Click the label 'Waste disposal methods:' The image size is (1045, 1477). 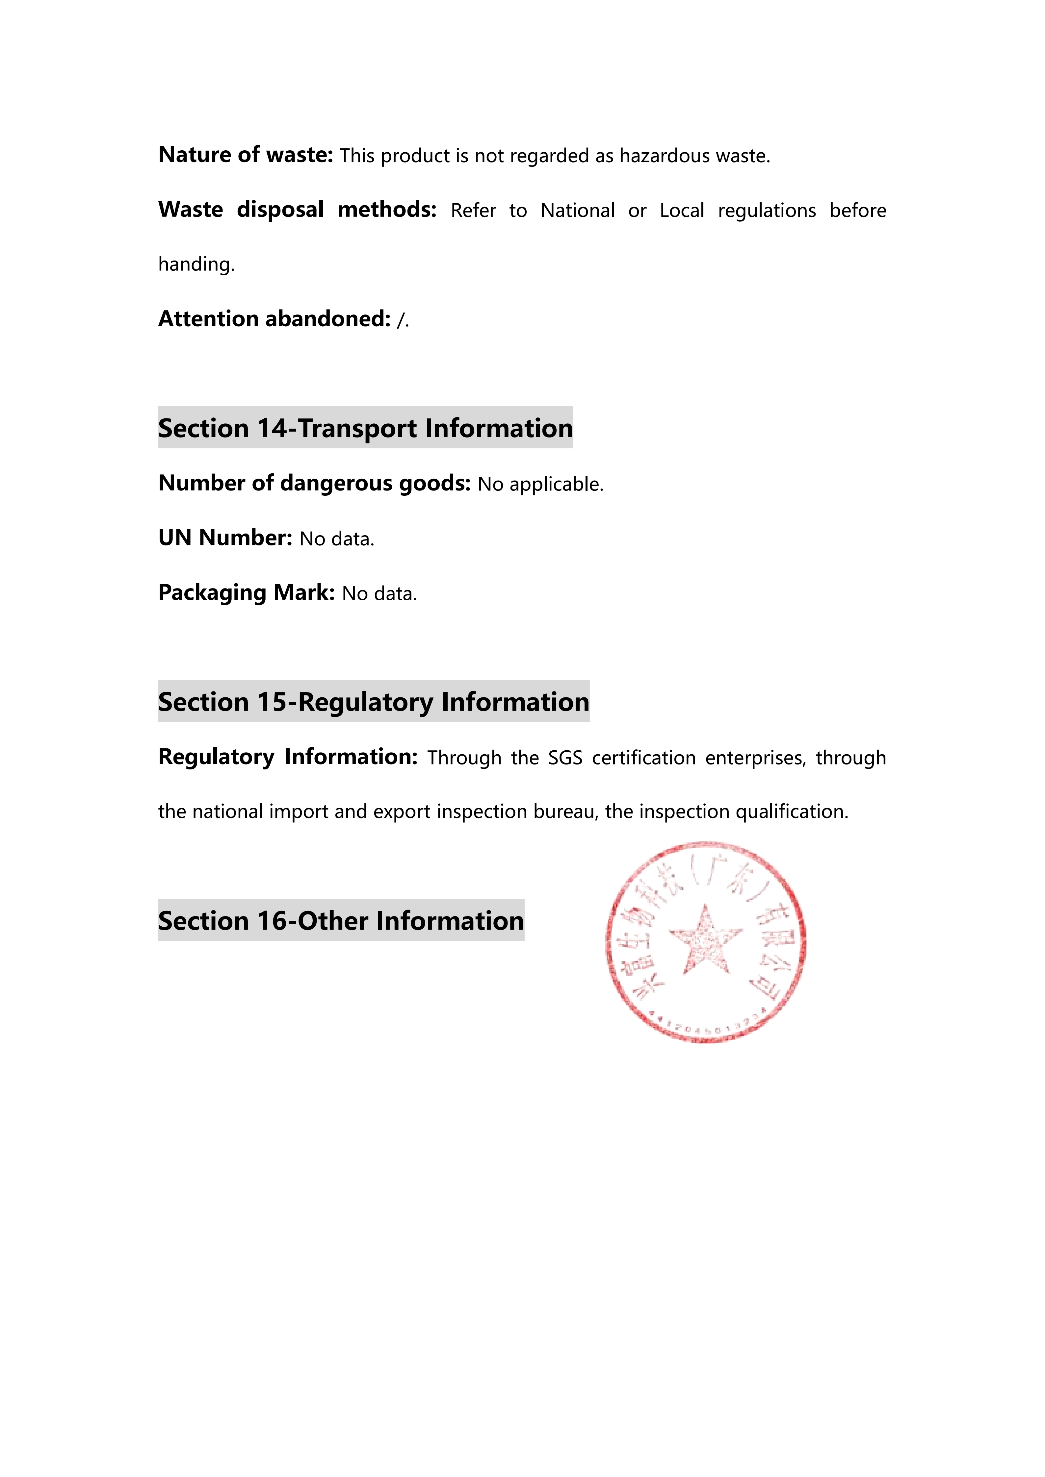[297, 210]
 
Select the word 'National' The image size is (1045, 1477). [577, 210]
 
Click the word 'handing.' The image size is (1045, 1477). [196, 264]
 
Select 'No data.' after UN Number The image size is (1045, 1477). [336, 538]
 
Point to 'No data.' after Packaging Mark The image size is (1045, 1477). [379, 593]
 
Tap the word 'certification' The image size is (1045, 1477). [643, 758]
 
